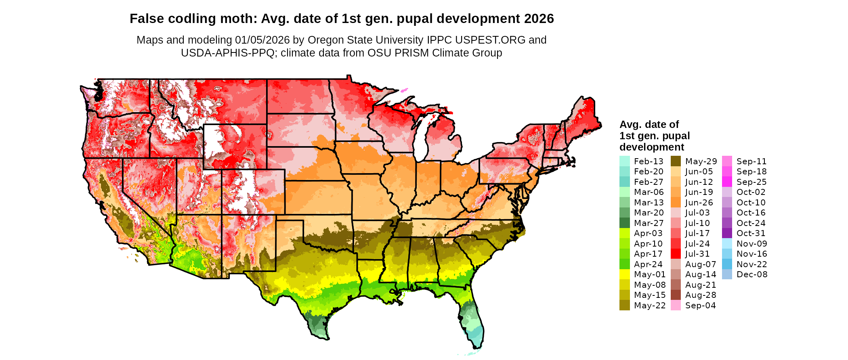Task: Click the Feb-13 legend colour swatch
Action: click(624, 161)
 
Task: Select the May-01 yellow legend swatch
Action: click(624, 274)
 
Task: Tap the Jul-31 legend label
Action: click(697, 254)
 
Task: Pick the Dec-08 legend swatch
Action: click(727, 274)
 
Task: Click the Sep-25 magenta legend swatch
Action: click(727, 182)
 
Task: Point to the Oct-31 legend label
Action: click(751, 233)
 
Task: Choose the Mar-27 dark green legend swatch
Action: click(624, 223)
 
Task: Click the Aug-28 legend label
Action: click(701, 295)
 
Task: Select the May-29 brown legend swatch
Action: click(676, 161)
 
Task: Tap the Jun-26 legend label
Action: click(699, 203)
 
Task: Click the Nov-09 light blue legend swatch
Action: click(727, 243)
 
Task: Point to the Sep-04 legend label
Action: click(701, 306)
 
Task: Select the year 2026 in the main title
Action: click(539, 19)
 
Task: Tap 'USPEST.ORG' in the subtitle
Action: click(490, 40)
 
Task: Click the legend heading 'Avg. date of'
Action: click(649, 124)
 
